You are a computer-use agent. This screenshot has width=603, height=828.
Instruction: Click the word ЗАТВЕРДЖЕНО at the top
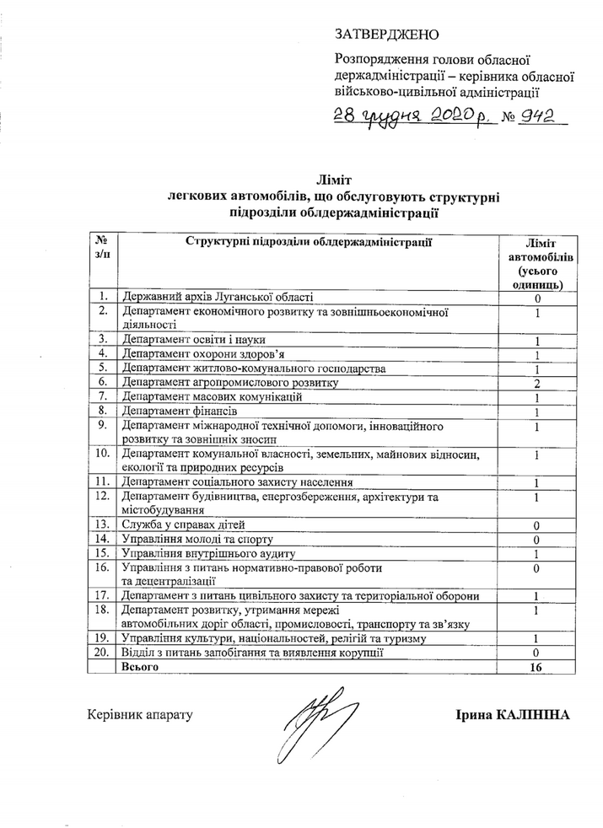coord(388,35)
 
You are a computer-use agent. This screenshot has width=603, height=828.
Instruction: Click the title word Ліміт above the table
coord(333,180)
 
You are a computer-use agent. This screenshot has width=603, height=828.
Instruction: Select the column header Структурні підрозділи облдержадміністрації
coord(310,243)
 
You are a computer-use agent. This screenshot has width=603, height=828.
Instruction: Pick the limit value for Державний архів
coord(536,298)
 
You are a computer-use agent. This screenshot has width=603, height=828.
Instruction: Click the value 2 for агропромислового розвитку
coord(536,383)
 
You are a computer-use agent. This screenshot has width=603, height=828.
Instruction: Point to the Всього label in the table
coord(139,667)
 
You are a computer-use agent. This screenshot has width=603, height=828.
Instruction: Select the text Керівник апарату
coord(140,715)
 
